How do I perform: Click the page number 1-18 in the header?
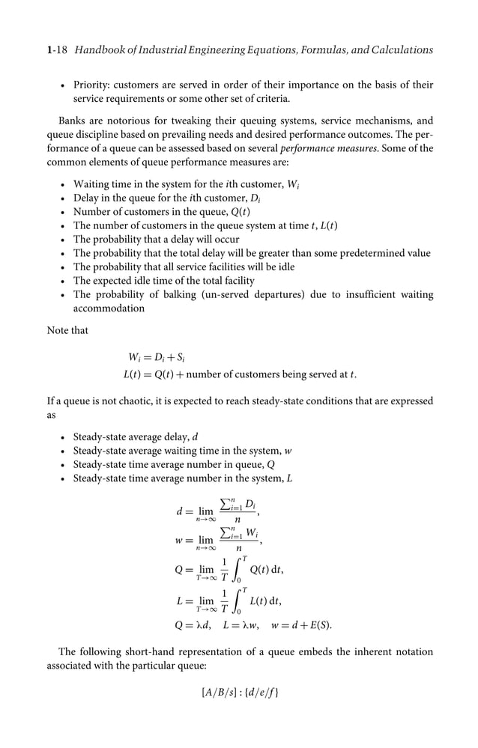[59, 50]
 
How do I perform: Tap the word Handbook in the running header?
[100, 50]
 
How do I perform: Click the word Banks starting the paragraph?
[74, 120]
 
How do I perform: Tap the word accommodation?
[109, 308]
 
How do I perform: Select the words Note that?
[67, 330]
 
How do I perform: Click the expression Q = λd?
[195, 624]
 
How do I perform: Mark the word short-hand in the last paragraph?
[175, 651]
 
